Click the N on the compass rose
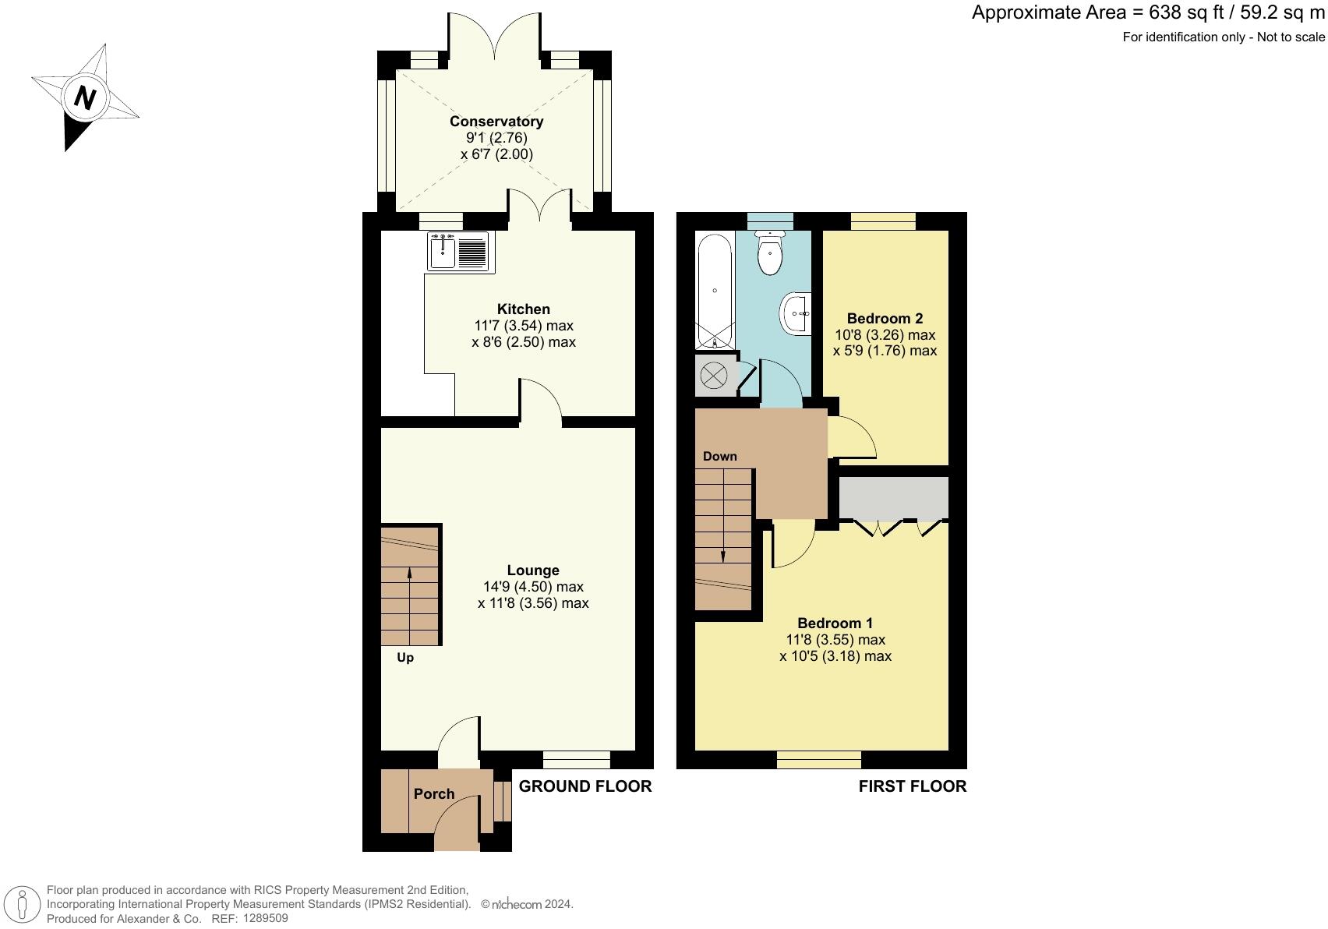coord(85,98)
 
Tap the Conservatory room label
coord(496,122)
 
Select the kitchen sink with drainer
coord(458,251)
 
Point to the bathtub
coord(714,291)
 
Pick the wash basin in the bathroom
coord(796,313)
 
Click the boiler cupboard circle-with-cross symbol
coord(713,376)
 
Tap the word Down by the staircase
coord(719,457)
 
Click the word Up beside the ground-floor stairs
coord(405,658)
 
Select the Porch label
coord(434,794)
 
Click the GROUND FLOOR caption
coord(585,786)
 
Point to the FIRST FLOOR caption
coord(912,786)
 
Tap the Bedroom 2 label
coord(885,318)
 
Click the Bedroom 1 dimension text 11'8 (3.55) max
coord(835,640)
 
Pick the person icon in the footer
coord(23,906)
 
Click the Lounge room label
coord(533,570)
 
